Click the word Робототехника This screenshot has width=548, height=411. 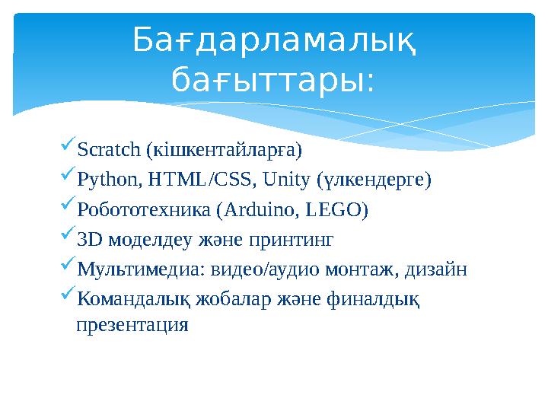click(144, 210)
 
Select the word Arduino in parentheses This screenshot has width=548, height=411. click(251, 210)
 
